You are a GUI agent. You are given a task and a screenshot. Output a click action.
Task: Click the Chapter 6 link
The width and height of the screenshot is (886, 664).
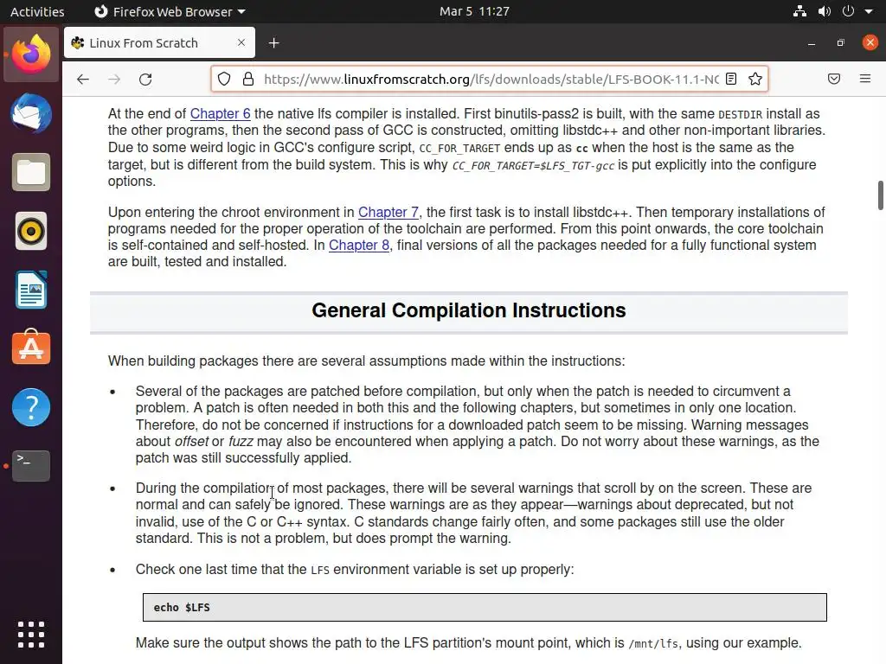[x=220, y=114]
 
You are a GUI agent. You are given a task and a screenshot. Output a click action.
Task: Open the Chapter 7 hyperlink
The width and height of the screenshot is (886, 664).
[x=388, y=213]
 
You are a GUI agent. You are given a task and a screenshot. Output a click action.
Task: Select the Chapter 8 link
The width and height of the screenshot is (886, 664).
[x=358, y=246]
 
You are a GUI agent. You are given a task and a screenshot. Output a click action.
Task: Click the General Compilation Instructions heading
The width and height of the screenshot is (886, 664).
[x=468, y=311]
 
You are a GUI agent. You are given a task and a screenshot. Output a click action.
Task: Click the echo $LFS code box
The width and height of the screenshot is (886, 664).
[x=485, y=607]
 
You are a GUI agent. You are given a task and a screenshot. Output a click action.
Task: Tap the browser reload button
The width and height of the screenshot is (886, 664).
[x=145, y=79]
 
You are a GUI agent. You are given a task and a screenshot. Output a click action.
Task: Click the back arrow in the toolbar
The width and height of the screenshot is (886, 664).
[x=83, y=79]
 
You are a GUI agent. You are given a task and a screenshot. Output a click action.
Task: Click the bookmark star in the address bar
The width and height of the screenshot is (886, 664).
[x=755, y=79]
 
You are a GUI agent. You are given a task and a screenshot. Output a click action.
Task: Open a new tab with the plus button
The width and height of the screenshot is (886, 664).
[x=273, y=42]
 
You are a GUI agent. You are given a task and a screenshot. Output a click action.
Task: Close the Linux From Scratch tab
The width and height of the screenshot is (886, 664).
[x=241, y=42]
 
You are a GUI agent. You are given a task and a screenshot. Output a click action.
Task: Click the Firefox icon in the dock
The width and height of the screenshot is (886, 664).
[x=31, y=54]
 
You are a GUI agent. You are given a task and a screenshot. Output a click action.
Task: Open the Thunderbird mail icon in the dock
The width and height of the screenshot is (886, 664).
[x=31, y=113]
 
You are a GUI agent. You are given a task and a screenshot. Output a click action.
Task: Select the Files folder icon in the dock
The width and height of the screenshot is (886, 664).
[x=31, y=172]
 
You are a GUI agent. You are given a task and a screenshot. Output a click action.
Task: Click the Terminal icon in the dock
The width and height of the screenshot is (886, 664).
[x=31, y=466]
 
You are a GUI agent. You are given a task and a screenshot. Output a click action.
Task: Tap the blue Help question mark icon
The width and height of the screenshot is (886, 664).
[x=31, y=407]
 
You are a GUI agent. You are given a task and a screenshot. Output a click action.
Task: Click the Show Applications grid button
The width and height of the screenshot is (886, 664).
[x=31, y=634]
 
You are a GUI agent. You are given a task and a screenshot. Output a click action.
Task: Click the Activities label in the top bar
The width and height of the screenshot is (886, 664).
[x=37, y=11]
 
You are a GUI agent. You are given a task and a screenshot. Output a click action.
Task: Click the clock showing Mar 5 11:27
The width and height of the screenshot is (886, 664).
[x=474, y=11]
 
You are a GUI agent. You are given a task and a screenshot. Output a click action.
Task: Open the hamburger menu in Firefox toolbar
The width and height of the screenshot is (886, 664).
[x=864, y=79]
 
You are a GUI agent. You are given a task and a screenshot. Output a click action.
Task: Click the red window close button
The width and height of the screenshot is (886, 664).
[x=870, y=42]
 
